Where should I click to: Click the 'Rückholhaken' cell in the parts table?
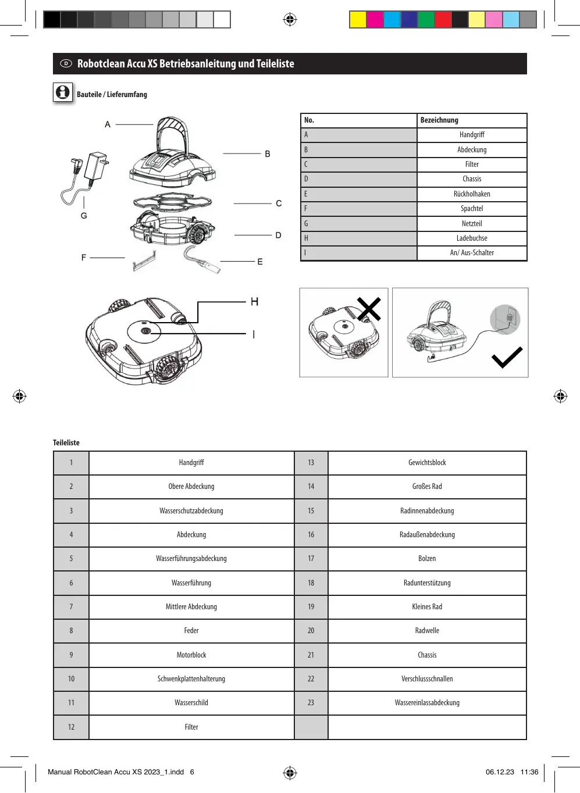click(472, 194)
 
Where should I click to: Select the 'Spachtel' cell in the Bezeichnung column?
click(472, 209)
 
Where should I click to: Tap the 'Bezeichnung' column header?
click(439, 120)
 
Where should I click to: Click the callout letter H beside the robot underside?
click(254, 302)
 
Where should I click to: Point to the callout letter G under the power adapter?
click(84, 216)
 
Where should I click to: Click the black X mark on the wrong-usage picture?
click(369, 309)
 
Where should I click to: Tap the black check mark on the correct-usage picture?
click(507, 358)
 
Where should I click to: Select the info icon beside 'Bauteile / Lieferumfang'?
click(63, 92)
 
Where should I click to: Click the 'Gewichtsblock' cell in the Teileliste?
click(427, 463)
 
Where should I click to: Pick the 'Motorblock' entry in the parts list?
click(191, 655)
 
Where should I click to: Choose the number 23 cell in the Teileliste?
click(311, 703)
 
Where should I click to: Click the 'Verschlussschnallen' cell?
click(427, 679)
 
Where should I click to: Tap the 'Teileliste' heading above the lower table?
click(66, 443)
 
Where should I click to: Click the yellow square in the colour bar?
click(358, 20)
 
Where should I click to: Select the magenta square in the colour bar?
click(375, 20)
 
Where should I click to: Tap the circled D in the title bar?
click(66, 63)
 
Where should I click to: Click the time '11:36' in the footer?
click(529, 772)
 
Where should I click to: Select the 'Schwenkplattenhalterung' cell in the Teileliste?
click(191, 679)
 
